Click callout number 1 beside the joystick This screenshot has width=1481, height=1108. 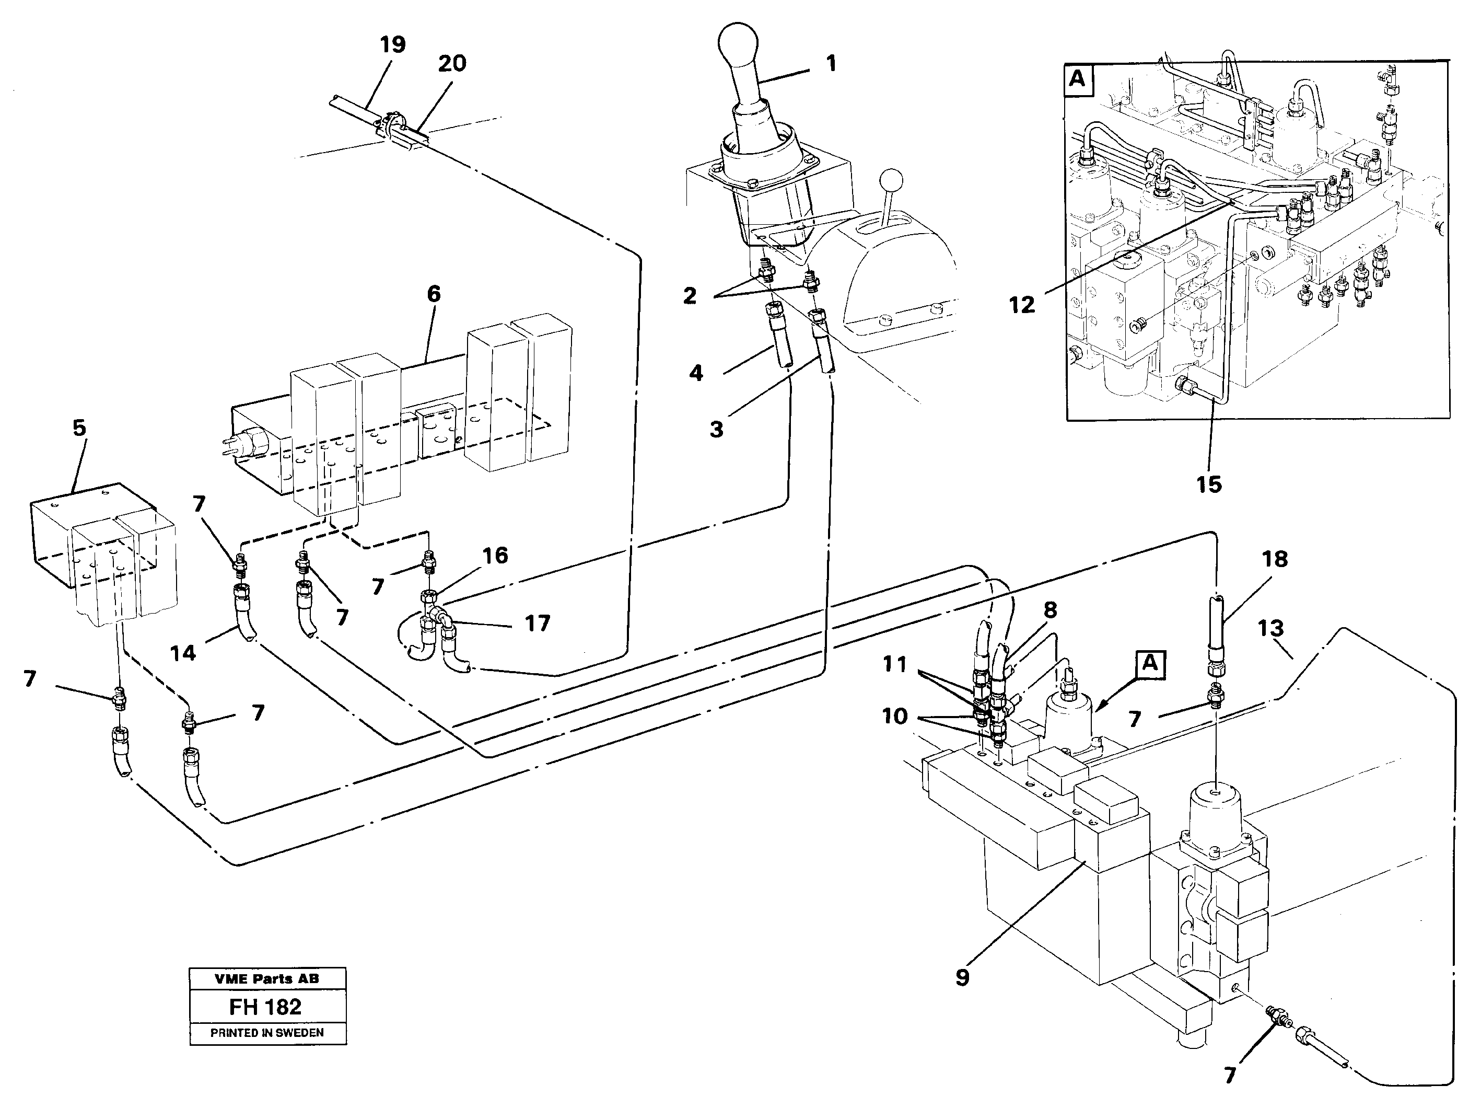click(831, 64)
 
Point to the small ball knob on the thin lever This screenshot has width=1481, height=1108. click(891, 180)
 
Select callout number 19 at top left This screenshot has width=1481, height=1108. click(392, 45)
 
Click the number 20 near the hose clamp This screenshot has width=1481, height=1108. click(452, 64)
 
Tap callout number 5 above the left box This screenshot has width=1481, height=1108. click(79, 428)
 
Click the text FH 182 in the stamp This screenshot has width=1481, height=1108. click(266, 1007)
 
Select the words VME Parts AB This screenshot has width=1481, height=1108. click(266, 979)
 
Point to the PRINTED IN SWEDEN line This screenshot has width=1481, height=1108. click(266, 1033)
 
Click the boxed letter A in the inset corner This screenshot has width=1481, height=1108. click(1077, 79)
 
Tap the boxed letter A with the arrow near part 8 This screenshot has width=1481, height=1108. click(1149, 663)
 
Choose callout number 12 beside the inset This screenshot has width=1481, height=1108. click(1022, 305)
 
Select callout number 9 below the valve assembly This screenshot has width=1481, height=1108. click(962, 978)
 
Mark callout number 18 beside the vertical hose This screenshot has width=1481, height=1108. click(1275, 559)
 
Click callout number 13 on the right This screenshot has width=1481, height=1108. click(1270, 628)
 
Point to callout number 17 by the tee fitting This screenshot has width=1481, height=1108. click(537, 623)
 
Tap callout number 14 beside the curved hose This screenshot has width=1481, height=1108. click(183, 653)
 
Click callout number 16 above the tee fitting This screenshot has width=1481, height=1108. click(495, 556)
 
